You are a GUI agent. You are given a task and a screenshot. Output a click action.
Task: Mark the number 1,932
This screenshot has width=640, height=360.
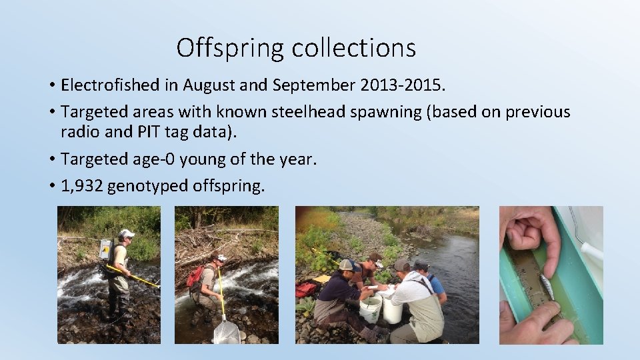81,186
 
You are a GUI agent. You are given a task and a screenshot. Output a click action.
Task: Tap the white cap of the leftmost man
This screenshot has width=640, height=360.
126,233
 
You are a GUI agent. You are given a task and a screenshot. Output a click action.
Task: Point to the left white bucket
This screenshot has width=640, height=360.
370,309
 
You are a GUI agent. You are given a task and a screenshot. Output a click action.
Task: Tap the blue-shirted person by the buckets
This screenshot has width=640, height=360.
433,283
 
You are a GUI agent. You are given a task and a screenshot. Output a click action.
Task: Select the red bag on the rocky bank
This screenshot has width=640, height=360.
306,289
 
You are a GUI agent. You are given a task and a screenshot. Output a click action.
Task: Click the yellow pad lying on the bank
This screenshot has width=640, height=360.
323,278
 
